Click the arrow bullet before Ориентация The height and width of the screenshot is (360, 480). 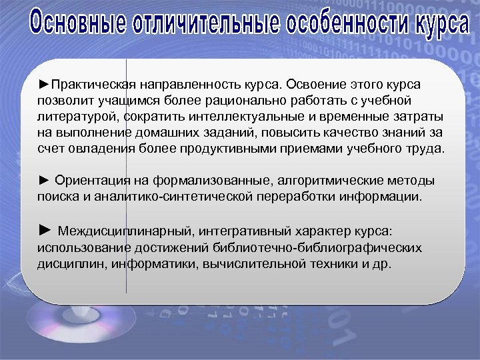click(44, 181)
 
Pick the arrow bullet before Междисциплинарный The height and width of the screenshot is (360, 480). click(45, 231)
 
